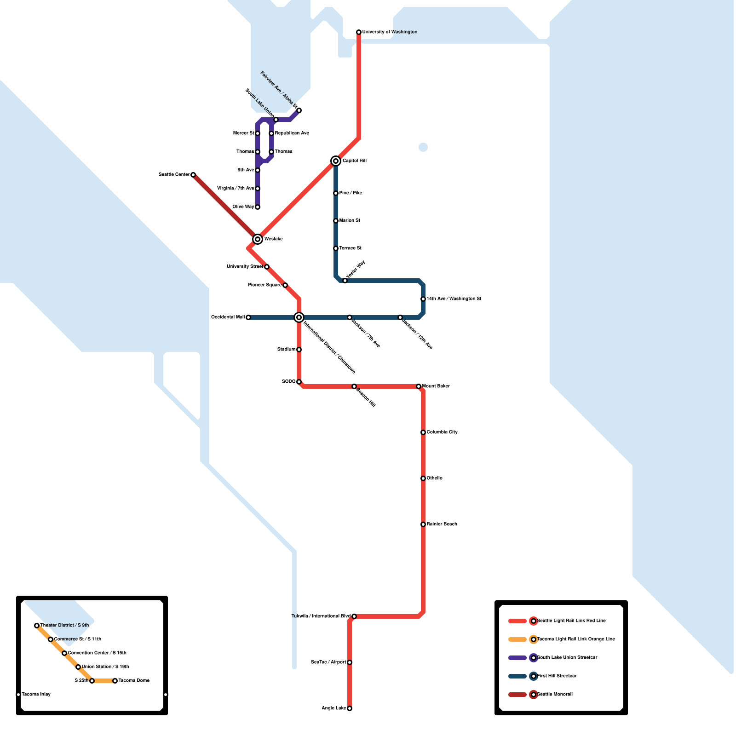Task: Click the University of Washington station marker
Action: click(x=359, y=32)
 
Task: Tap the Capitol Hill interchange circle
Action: click(x=336, y=161)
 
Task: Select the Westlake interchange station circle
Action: click(x=258, y=239)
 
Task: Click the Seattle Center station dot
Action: click(x=193, y=175)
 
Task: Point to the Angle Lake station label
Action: click(x=333, y=708)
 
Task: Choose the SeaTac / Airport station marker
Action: click(x=350, y=662)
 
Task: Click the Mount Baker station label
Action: click(x=436, y=386)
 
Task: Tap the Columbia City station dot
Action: click(x=423, y=432)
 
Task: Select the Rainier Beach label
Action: click(x=442, y=524)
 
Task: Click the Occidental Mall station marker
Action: click(x=248, y=317)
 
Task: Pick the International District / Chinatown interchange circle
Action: click(x=299, y=317)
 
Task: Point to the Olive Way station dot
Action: click(x=258, y=207)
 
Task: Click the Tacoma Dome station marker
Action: click(x=115, y=681)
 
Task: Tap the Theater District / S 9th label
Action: click(x=64, y=626)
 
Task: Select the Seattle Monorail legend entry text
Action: click(x=555, y=695)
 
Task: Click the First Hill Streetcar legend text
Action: click(x=557, y=676)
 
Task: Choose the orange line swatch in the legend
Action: click(x=517, y=639)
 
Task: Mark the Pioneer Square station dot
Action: click(x=285, y=285)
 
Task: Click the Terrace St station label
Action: click(x=350, y=248)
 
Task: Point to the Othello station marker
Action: click(x=423, y=478)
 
